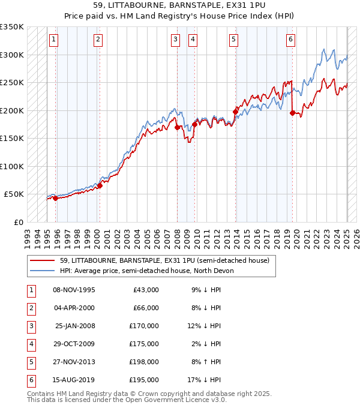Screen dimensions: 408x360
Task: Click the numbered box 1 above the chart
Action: point(54,40)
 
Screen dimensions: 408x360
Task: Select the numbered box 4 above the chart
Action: point(193,40)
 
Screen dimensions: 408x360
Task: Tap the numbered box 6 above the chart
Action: point(290,40)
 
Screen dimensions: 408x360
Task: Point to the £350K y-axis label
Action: point(12,27)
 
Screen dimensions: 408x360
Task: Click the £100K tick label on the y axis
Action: point(12,166)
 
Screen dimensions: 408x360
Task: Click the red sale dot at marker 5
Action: point(236,111)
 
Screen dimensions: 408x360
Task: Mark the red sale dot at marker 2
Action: point(100,185)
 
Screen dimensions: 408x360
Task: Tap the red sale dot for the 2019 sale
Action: point(292,113)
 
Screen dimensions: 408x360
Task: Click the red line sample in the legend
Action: point(41,260)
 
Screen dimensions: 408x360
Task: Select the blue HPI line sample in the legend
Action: point(41,271)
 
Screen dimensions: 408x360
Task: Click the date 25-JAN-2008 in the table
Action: point(74,326)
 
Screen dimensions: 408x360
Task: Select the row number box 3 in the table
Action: point(29,326)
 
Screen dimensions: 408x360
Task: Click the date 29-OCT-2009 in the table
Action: point(74,344)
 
